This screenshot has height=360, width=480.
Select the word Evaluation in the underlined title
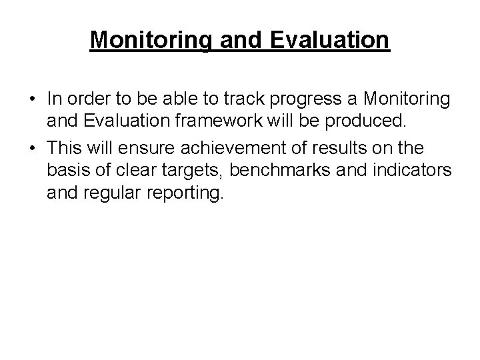tap(330, 40)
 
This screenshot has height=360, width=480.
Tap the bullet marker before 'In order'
tap(32, 100)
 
